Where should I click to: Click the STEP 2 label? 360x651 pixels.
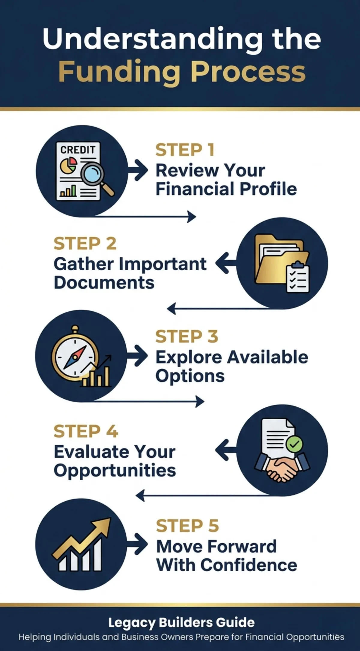pyautogui.click(x=85, y=243)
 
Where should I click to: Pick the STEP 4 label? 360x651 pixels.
pyautogui.click(x=86, y=431)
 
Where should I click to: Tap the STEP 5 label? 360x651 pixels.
pyautogui.click(x=187, y=526)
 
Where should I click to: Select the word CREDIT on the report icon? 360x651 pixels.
pyautogui.click(x=78, y=150)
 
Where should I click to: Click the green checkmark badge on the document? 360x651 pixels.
pyautogui.click(x=295, y=444)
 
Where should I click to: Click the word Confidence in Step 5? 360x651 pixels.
pyautogui.click(x=249, y=565)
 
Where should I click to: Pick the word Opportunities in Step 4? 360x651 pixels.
pyautogui.click(x=115, y=470)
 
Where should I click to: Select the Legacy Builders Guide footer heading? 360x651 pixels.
pyautogui.click(x=181, y=622)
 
